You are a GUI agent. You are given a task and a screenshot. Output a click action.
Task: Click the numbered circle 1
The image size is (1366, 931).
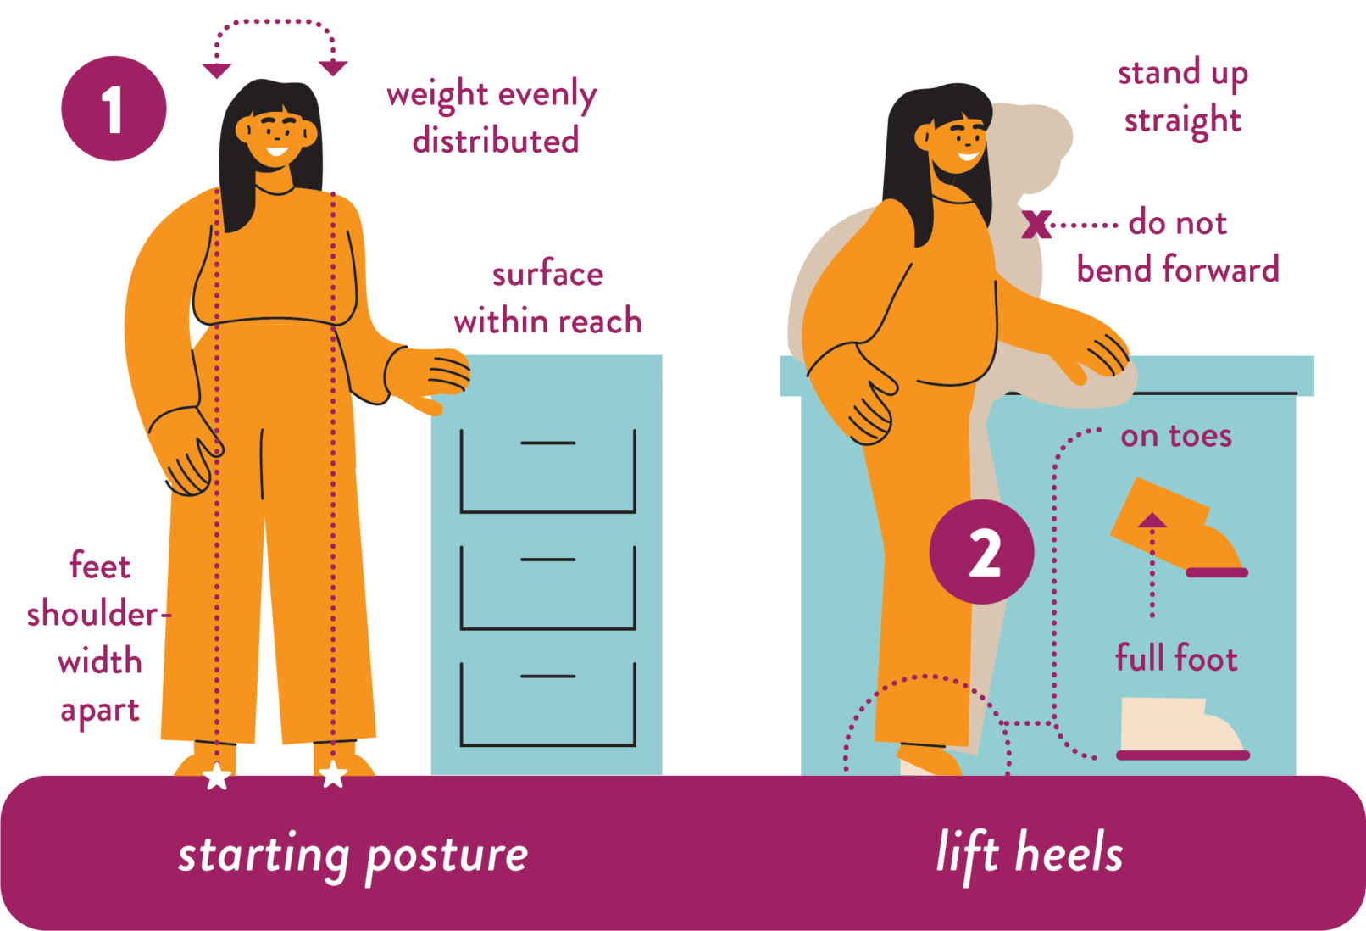114,109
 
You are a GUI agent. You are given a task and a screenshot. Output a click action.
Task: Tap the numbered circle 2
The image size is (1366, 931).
982,551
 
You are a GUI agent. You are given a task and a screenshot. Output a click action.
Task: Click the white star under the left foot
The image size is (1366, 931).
217,777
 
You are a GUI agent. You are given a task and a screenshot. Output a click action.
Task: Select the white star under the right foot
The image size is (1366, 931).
333,774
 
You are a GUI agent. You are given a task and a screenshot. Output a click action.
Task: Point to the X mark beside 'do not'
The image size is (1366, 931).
1036,224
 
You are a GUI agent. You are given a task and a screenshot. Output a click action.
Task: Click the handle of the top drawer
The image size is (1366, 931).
547,443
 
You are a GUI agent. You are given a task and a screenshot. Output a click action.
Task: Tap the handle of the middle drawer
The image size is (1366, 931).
547,560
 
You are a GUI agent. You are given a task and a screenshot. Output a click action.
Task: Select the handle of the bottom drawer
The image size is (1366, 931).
547,677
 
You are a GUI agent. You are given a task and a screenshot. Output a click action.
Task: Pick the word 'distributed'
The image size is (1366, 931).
495,140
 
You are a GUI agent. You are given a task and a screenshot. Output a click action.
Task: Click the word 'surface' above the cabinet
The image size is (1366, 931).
547,274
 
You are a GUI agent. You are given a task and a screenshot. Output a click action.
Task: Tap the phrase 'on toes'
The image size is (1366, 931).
1175,436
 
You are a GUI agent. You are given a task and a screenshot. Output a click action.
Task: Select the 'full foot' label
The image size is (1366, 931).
1176,657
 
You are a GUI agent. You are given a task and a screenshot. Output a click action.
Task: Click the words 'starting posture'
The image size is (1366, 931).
353,856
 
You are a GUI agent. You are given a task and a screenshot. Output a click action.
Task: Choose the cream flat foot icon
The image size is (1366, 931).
1182,728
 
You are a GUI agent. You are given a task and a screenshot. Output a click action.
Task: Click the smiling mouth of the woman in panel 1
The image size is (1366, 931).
276,151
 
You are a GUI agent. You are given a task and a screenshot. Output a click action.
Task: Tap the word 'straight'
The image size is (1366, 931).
1182,120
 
